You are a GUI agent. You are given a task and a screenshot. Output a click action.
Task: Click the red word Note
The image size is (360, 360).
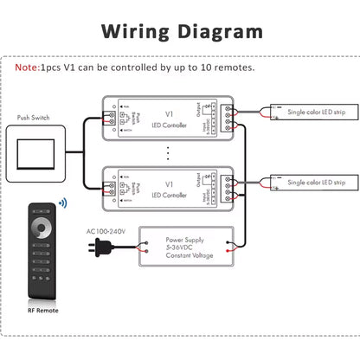27,67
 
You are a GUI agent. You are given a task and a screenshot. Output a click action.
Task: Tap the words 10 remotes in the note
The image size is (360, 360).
228,67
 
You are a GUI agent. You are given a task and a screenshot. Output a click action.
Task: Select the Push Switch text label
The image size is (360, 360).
35,117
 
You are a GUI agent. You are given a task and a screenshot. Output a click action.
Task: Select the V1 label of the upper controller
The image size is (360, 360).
169,112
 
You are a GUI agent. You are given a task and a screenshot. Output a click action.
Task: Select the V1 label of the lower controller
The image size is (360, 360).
169,184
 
